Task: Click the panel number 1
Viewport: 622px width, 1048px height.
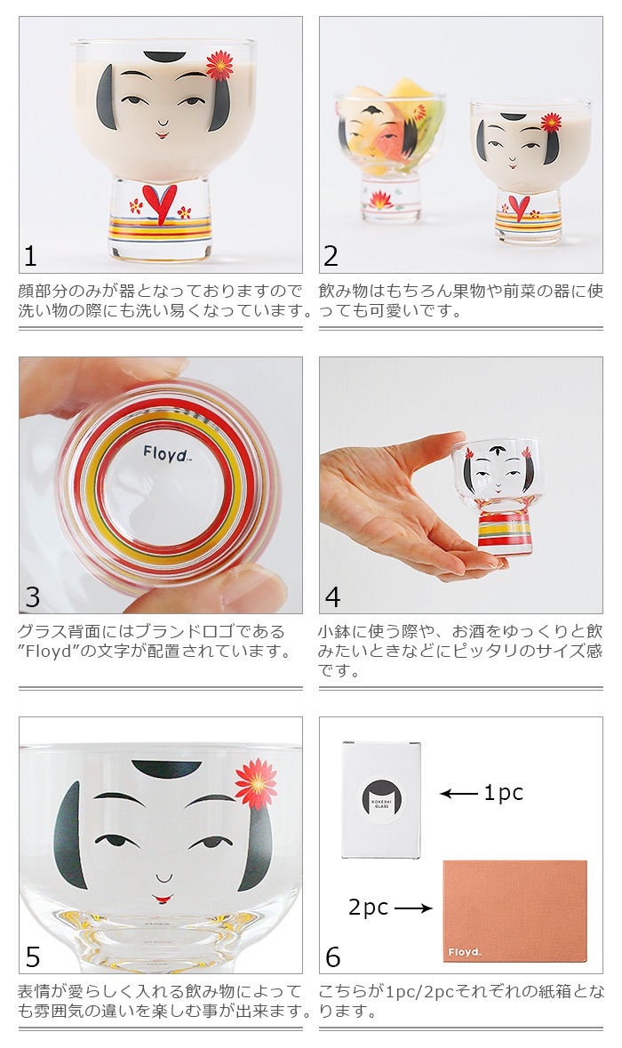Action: pos(31,256)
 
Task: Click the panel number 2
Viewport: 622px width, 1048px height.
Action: pos(331,256)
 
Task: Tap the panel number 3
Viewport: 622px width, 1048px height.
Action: pos(32,596)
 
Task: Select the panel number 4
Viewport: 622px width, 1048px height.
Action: pos(332,596)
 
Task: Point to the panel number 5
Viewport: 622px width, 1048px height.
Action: pos(33,956)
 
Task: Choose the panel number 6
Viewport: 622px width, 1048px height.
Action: pos(333,956)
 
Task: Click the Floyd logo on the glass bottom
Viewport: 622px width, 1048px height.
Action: pos(166,454)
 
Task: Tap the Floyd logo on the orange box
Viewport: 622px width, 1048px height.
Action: pos(465,953)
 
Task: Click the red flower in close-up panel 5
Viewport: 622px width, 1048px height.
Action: pos(256,782)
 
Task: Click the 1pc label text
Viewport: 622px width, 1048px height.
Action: pos(503,793)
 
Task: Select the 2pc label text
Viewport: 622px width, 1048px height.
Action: pos(368,908)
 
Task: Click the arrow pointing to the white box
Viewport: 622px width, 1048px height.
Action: pos(459,794)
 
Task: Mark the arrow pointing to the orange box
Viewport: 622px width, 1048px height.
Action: pos(412,908)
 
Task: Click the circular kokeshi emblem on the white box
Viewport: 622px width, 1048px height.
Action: pos(381,798)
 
